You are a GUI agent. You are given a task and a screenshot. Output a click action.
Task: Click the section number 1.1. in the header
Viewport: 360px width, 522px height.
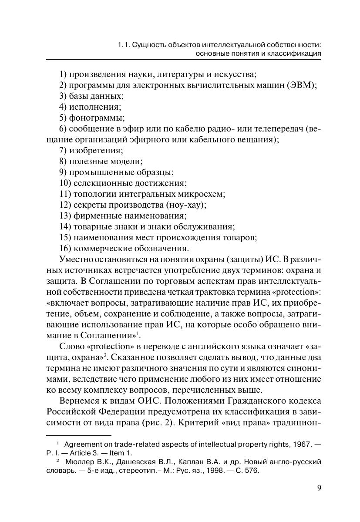point(124,44)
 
